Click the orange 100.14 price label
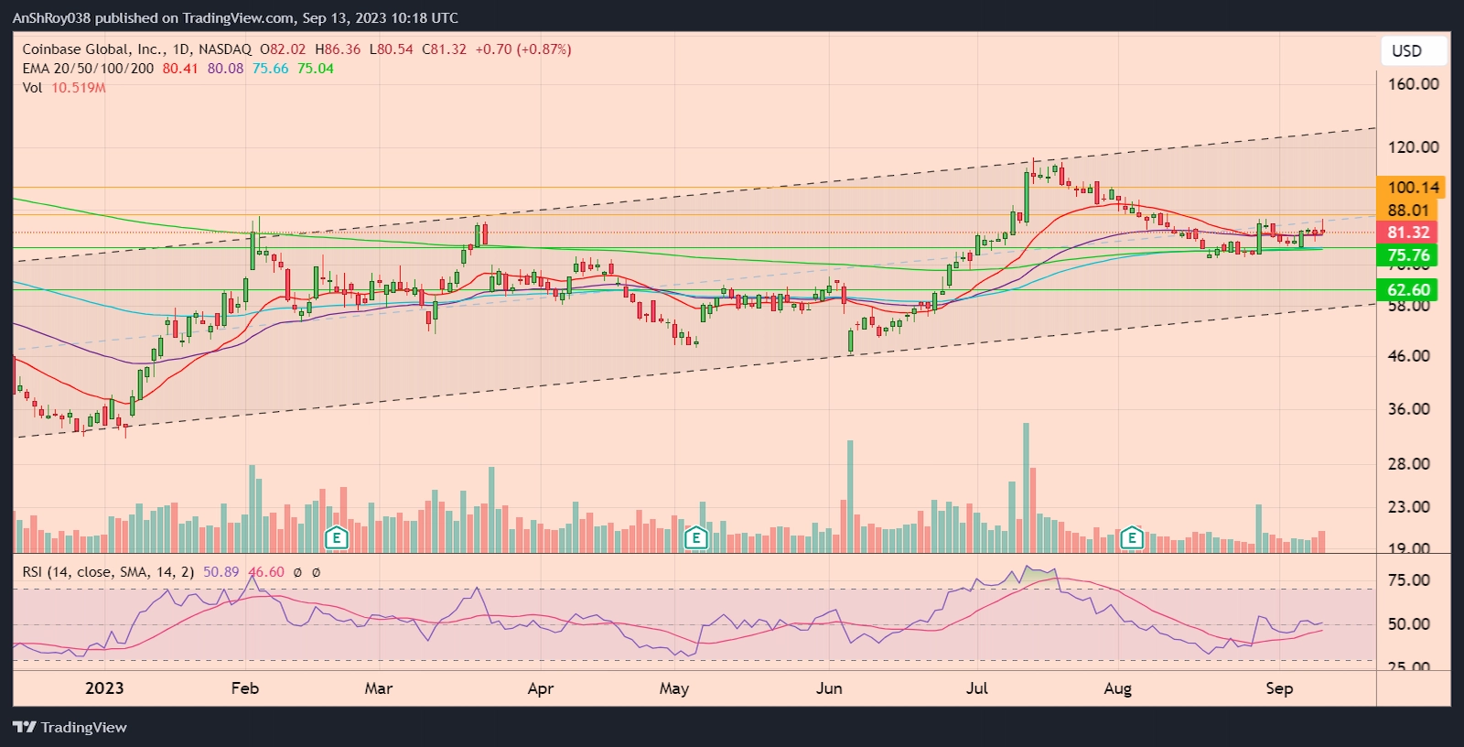tap(1413, 188)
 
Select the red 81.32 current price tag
tap(1407, 233)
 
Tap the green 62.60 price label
tap(1407, 290)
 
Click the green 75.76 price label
tap(1407, 255)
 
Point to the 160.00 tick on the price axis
tap(1413, 84)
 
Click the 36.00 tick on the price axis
tap(1408, 409)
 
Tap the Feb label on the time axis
tap(245, 688)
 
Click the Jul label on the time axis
tap(977, 688)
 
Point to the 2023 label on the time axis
tap(104, 688)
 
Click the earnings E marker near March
tap(337, 537)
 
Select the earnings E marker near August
tap(1132, 537)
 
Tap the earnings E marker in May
tap(696, 537)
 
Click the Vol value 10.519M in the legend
tap(78, 88)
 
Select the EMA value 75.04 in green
tap(315, 69)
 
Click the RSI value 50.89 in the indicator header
tap(221, 572)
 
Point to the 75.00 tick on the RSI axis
tap(1408, 580)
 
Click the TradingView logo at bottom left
tap(70, 727)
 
